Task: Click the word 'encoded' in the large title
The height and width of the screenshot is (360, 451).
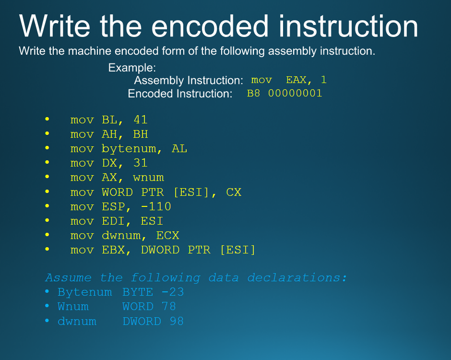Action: [210, 26]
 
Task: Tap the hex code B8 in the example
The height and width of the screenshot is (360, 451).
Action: [253, 93]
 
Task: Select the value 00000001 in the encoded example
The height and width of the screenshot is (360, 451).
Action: [295, 93]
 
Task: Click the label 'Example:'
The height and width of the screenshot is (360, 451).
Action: [132, 68]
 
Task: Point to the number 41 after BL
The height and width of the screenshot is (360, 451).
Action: [141, 120]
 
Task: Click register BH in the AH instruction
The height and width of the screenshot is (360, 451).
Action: [141, 134]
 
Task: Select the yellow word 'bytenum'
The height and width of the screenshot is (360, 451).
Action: [129, 149]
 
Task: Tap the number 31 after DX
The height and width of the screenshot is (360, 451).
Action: [141, 163]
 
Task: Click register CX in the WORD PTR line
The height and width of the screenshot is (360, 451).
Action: [234, 192]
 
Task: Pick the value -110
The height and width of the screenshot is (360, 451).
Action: [156, 206]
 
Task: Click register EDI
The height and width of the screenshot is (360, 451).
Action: [113, 221]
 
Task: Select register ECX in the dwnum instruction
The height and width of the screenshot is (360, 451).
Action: [168, 235]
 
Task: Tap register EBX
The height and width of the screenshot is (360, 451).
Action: [113, 250]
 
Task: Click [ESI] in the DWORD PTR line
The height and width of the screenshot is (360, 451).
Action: [238, 250]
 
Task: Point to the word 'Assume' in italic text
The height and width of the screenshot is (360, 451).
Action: [69, 278]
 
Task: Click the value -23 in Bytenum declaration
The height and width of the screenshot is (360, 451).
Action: [173, 292]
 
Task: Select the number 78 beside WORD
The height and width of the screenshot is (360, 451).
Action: [169, 306]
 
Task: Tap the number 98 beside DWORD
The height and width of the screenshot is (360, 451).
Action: [177, 321]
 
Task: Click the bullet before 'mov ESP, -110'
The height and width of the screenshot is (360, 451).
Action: [47, 206]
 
